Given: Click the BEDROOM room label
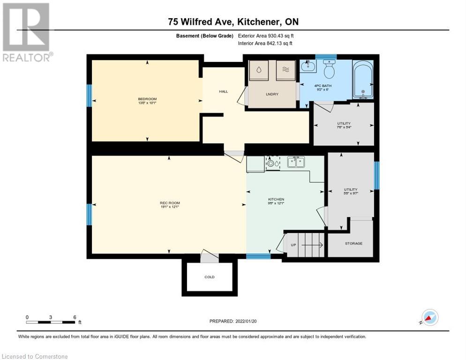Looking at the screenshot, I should click(x=147, y=99).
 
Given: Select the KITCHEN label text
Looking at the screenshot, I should click(x=276, y=199).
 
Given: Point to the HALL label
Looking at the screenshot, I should click(x=223, y=91).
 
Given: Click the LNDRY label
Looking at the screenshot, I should click(x=272, y=94).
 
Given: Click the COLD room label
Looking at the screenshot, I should click(x=209, y=277).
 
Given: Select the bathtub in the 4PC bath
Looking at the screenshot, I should click(x=363, y=81).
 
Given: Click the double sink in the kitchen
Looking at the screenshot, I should click(x=296, y=162).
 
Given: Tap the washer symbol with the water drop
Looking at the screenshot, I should click(x=258, y=70).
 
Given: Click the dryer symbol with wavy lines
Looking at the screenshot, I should click(x=286, y=70).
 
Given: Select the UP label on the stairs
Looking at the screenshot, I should click(x=293, y=245).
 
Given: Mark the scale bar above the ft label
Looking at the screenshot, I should click(x=51, y=322).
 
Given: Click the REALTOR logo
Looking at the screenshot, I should click(x=26, y=32).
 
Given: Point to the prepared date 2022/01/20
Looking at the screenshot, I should click(x=233, y=321).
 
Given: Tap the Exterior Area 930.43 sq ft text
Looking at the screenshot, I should click(x=266, y=36).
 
